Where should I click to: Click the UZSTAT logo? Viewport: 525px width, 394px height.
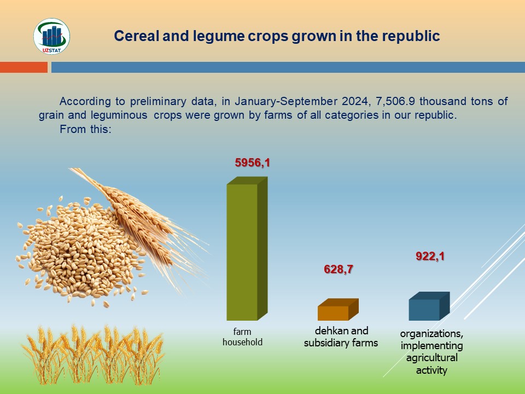51,36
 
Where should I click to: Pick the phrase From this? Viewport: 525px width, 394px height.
85,129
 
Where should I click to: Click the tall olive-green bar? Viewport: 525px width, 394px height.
247,248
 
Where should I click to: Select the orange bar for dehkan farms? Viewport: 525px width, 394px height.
338,310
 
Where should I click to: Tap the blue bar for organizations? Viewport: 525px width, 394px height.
429,306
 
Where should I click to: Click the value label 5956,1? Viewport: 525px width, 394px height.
253,163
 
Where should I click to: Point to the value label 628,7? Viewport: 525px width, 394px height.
338,269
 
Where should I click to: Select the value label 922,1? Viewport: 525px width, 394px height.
430,256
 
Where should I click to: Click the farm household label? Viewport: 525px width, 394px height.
242,337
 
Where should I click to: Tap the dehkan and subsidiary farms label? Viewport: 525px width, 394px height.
341,337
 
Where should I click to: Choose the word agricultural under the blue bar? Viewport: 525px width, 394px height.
431,357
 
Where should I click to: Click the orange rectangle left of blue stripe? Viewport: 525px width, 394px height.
24,67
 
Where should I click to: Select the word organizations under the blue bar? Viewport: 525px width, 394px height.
431,334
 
